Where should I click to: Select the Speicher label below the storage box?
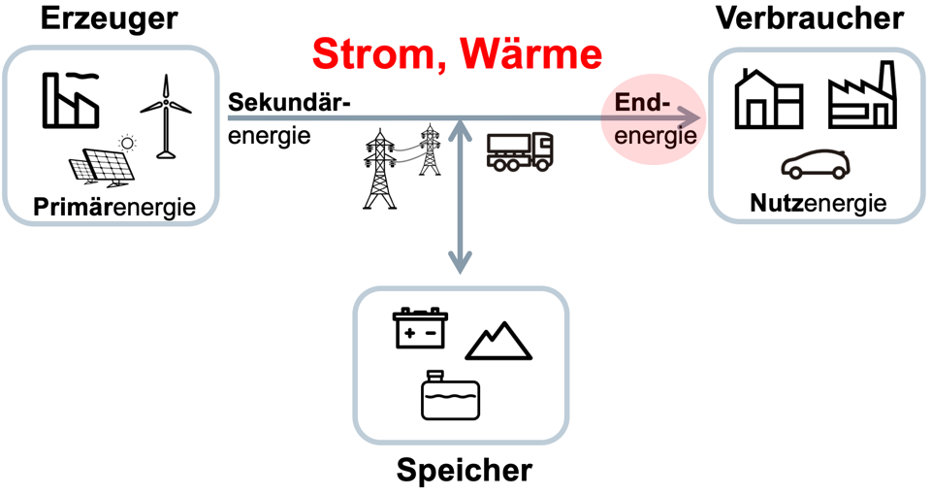[x=465, y=471]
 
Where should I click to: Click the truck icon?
[x=519, y=150]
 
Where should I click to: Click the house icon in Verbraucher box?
[x=768, y=96]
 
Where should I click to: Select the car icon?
[x=816, y=165]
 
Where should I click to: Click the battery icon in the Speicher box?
[x=418, y=328]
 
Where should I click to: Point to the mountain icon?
[x=499, y=341]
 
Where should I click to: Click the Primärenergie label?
[x=114, y=207]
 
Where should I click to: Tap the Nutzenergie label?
[x=819, y=204]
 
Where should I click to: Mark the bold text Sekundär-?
[x=287, y=103]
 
